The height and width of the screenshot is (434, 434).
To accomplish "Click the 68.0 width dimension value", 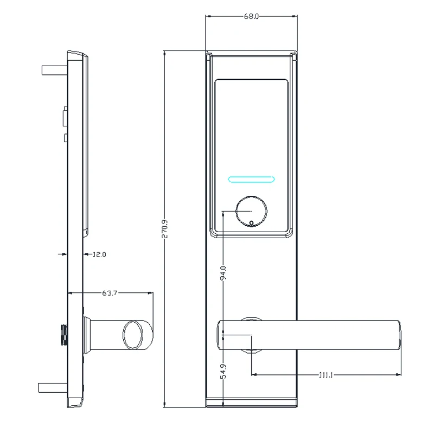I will (251, 17).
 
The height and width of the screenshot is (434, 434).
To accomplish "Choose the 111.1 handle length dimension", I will (325, 375).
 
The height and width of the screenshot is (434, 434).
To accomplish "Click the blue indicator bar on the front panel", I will (251, 178).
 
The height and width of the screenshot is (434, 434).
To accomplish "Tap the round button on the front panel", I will (251, 212).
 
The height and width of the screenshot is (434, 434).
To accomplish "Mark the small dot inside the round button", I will (251, 222).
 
